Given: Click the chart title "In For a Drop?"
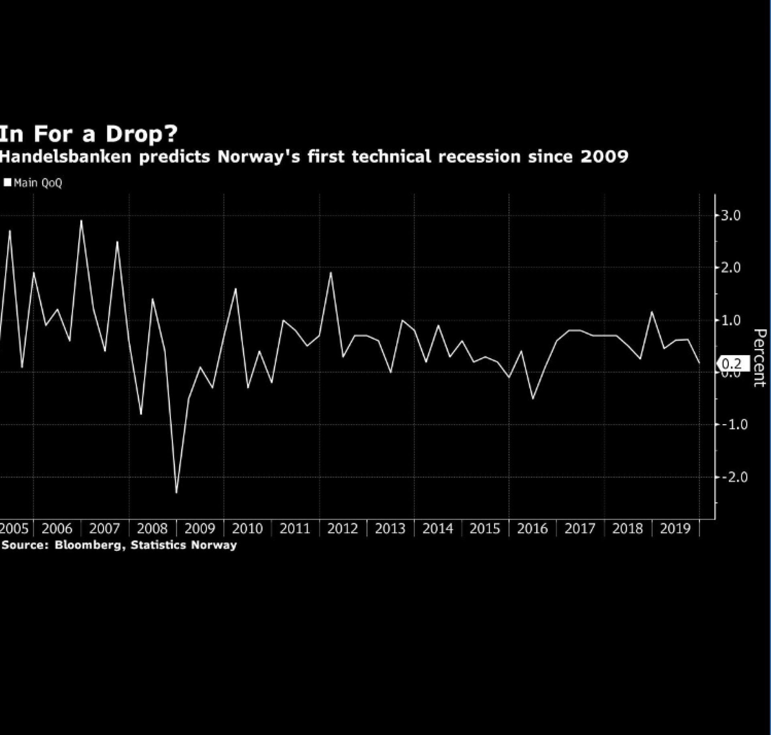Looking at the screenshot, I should [x=88, y=134].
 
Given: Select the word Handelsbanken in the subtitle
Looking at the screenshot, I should [x=65, y=157].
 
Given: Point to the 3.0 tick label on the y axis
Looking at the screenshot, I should [x=731, y=216].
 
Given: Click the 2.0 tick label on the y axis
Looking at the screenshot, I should [x=731, y=268].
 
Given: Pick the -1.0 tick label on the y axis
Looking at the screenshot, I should [x=734, y=425].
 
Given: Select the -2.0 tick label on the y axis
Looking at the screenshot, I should [x=734, y=477].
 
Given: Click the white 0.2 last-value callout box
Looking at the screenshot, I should [x=732, y=364].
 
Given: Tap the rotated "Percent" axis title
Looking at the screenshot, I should [x=759, y=357].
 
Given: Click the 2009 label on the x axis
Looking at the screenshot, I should [x=200, y=529].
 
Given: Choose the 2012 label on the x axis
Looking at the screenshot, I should [x=343, y=529].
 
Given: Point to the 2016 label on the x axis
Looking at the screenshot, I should [x=532, y=529].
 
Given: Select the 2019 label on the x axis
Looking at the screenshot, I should [x=675, y=529].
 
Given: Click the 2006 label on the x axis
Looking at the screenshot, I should [x=57, y=529].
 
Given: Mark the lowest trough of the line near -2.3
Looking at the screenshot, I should [x=176, y=492].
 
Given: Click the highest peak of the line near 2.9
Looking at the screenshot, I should [x=81, y=220].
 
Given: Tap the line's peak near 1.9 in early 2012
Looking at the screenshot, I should [x=331, y=273].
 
